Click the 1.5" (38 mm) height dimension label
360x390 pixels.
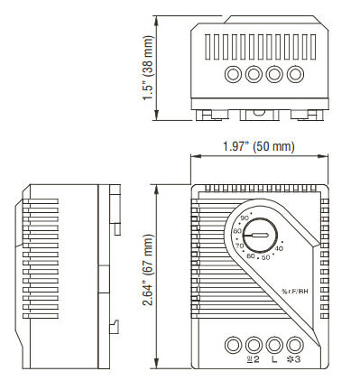click(148, 69)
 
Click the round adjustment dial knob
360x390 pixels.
click(260, 233)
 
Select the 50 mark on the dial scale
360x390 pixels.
click(264, 257)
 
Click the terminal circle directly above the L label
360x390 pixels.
click(274, 344)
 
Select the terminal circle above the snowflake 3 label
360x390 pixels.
click(294, 344)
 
